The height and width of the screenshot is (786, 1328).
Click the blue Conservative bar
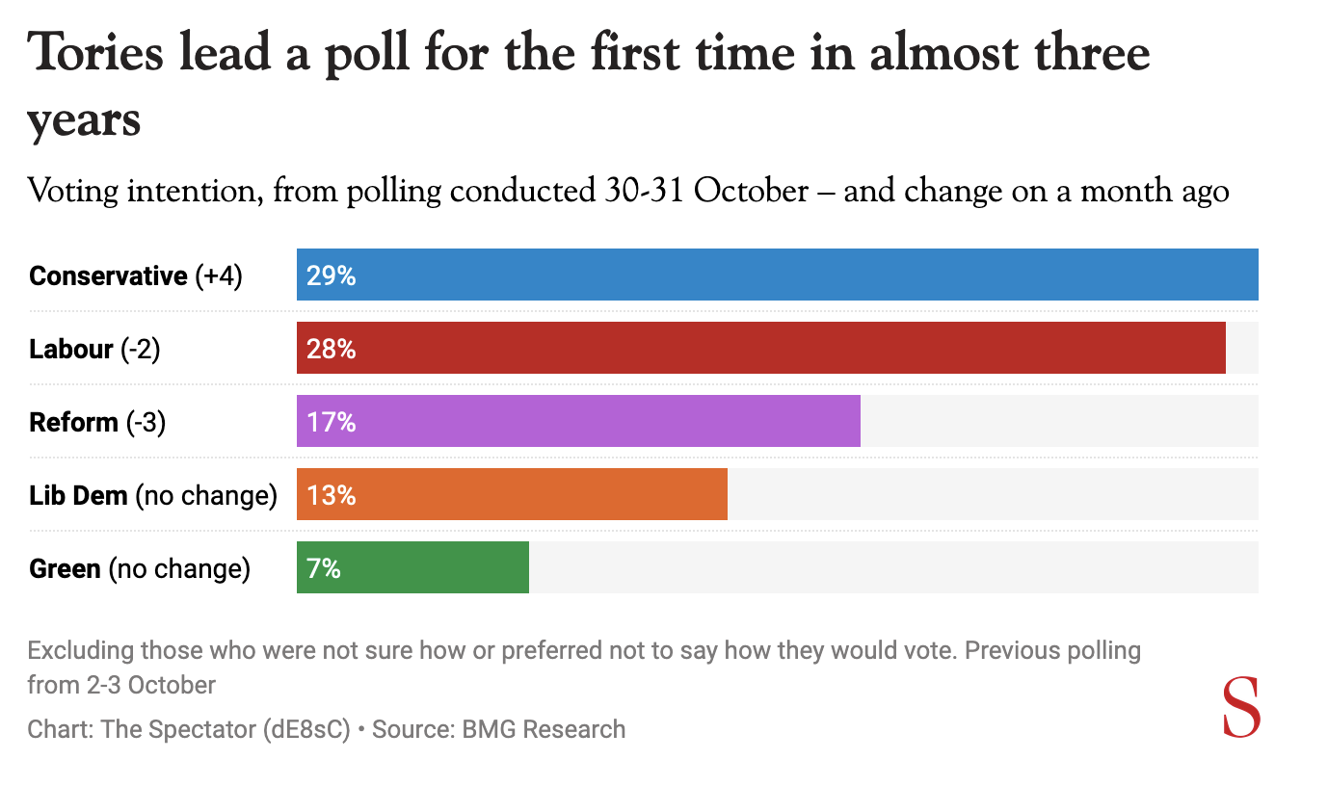click(777, 275)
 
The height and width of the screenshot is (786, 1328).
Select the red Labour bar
click(760, 348)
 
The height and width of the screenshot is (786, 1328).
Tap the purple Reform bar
click(578, 421)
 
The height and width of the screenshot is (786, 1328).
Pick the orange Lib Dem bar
click(512, 494)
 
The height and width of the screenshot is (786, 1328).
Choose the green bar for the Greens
click(412, 567)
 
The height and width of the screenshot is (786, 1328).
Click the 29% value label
click(332, 276)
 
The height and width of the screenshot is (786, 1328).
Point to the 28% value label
click(332, 349)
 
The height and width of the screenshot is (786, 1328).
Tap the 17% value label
click(332, 422)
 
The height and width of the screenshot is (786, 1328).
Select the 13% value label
click(332, 495)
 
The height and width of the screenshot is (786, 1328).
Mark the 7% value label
click(324, 568)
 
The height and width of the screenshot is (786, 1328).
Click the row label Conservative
click(108, 276)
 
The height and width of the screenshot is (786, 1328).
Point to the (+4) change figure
click(219, 276)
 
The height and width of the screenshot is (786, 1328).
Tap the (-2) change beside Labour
click(141, 349)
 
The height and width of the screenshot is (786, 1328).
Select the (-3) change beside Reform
click(146, 422)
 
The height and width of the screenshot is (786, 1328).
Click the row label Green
click(65, 568)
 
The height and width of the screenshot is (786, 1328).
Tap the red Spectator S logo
click(1241, 708)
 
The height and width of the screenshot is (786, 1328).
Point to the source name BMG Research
click(544, 729)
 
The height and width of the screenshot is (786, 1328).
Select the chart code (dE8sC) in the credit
click(305, 729)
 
